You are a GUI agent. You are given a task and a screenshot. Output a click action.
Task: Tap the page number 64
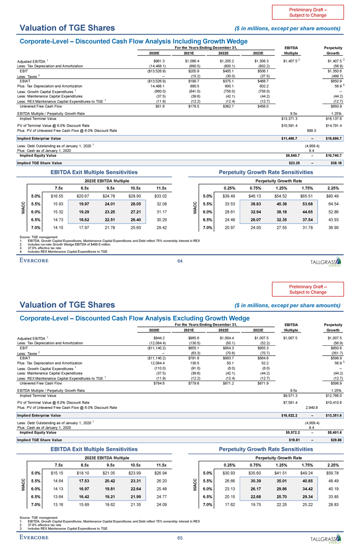tap(181, 260)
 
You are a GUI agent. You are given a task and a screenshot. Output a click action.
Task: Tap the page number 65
tap(181, 538)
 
